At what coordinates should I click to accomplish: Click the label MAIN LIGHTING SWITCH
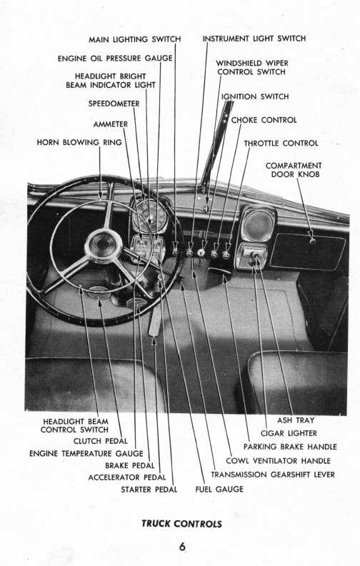pos(135,39)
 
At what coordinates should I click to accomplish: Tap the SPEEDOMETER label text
pos(114,103)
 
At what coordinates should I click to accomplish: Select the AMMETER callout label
pos(111,124)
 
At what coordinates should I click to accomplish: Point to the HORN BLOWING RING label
pos(79,142)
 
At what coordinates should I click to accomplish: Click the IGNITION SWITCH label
pos(255,97)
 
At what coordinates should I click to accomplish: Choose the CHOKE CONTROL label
pos(264,120)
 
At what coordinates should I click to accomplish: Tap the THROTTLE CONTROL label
pos(281,143)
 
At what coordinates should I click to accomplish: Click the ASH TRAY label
pos(296,420)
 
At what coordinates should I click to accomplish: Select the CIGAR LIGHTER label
pos(289,433)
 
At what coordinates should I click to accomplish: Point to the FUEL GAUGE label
pos(219,489)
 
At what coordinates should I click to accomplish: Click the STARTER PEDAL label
pos(149,490)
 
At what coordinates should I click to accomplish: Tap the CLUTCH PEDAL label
pos(101,441)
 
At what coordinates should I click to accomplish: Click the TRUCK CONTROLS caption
pos(181,524)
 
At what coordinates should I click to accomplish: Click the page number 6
pos(182,547)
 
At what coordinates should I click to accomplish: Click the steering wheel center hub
pos(104,246)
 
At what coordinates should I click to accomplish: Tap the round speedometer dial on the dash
pos(150,215)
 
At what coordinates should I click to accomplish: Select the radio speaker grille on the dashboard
pos(258,224)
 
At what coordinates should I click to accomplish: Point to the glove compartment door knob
pos(312,241)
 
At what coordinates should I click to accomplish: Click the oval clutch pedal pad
pos(99,293)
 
